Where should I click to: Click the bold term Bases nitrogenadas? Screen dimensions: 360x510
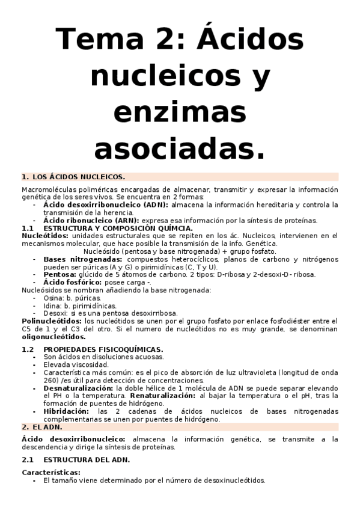pyautogui.click(x=84, y=259)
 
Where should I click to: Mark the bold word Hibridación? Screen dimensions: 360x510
pyautogui.click(x=66, y=411)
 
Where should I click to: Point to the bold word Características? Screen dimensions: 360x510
pyautogui.click(x=50, y=473)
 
